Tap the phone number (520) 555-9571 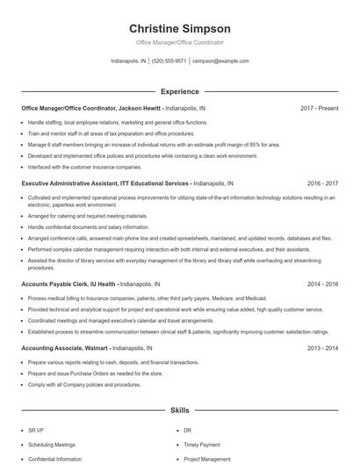click(x=169, y=61)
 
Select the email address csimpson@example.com click(x=220, y=61)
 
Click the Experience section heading click(x=179, y=91)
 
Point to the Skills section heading click(x=179, y=410)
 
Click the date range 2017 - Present click(x=319, y=108)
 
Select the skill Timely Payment click(x=201, y=445)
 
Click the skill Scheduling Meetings click(x=52, y=445)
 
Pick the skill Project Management click(x=207, y=459)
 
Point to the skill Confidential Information click(x=54, y=459)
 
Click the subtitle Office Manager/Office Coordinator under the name click(x=179, y=42)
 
